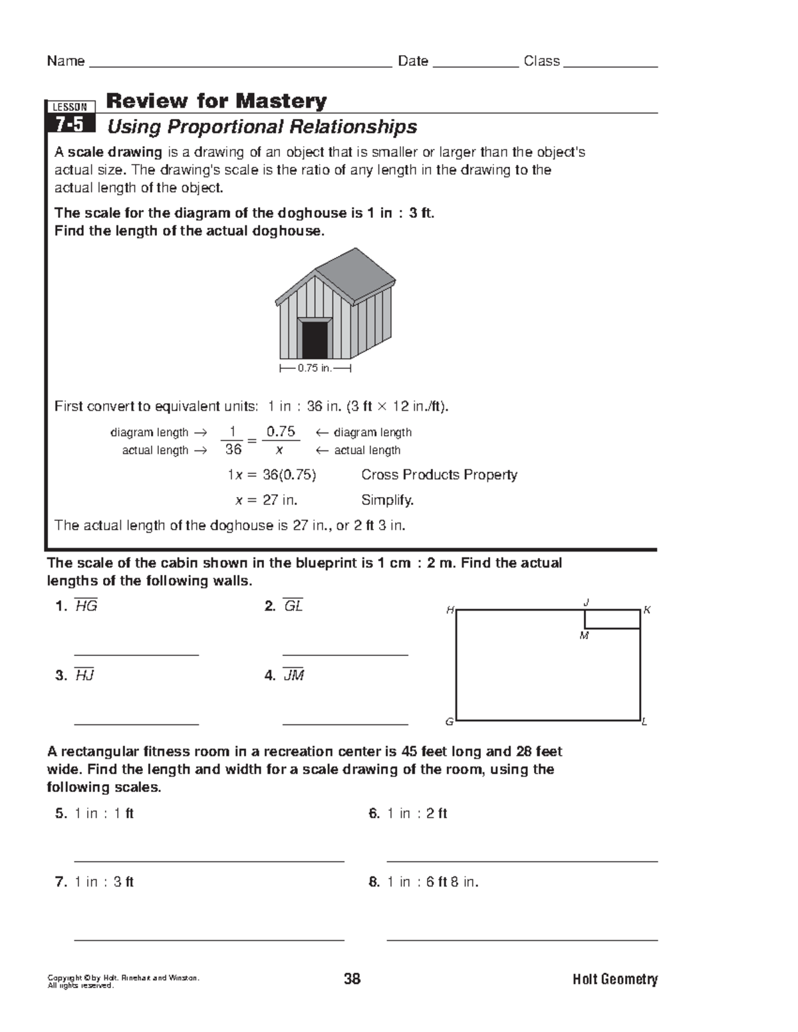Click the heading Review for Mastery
pyautogui.click(x=216, y=101)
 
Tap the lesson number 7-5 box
pyautogui.click(x=70, y=124)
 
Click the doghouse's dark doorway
pyautogui.click(x=315, y=340)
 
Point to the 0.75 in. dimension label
pyautogui.click(x=315, y=368)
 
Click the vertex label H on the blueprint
pyautogui.click(x=450, y=610)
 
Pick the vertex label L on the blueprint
pyautogui.click(x=644, y=722)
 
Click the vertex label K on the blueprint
pyautogui.click(x=646, y=610)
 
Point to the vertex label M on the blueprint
pyautogui.click(x=584, y=636)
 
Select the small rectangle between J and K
pyautogui.click(x=612, y=619)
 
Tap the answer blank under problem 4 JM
pyautogui.click(x=344, y=723)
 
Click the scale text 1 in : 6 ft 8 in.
pyautogui.click(x=432, y=882)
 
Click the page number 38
pyautogui.click(x=352, y=979)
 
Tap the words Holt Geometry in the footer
pyautogui.click(x=614, y=980)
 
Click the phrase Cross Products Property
pyautogui.click(x=439, y=475)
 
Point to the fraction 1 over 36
pyautogui.click(x=233, y=441)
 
